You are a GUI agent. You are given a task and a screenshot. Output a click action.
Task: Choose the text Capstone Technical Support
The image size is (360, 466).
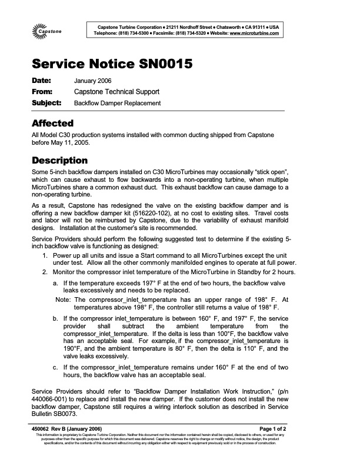click(x=116, y=92)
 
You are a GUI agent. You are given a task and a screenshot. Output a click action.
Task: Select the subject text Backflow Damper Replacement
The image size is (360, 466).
click(x=117, y=103)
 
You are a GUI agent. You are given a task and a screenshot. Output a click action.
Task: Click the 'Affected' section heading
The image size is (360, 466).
click(x=52, y=124)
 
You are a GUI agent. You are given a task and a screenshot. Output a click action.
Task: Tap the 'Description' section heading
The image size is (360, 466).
click(x=59, y=161)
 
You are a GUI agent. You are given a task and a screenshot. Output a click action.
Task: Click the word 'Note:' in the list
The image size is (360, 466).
click(x=63, y=299)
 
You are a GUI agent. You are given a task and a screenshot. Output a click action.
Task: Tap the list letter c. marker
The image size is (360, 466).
click(x=56, y=368)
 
